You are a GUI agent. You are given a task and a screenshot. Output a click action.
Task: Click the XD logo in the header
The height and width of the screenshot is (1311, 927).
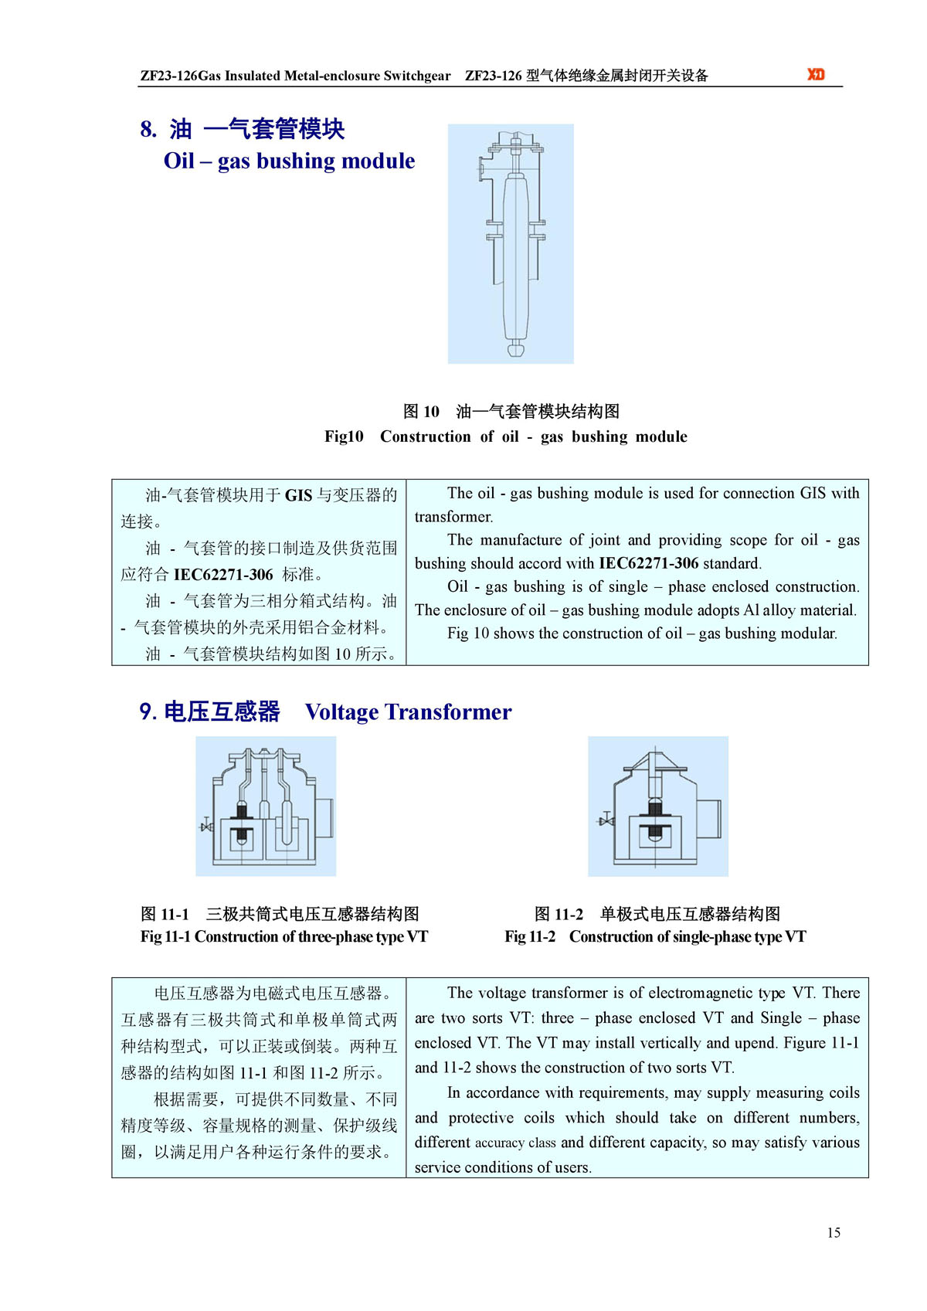click(x=816, y=74)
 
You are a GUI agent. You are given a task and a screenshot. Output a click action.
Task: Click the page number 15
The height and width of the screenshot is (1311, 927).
click(x=834, y=1232)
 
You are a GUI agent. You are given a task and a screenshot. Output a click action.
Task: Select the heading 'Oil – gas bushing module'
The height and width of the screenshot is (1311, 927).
click(x=289, y=161)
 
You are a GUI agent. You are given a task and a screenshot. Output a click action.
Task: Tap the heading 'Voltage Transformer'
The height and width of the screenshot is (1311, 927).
click(x=408, y=712)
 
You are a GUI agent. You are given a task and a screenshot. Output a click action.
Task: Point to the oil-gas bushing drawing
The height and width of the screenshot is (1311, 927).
click(x=511, y=243)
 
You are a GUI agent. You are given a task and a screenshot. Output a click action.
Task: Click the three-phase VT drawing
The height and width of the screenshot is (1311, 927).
click(x=266, y=806)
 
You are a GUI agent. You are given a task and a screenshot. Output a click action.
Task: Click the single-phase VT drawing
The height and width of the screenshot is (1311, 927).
click(x=658, y=806)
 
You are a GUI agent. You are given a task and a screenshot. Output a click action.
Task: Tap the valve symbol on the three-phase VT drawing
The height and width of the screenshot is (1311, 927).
click(x=206, y=826)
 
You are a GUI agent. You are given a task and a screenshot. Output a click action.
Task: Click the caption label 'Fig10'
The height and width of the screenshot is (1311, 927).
click(x=344, y=436)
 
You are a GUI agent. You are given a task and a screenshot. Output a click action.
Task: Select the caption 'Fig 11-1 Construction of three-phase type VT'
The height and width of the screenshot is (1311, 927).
click(x=284, y=937)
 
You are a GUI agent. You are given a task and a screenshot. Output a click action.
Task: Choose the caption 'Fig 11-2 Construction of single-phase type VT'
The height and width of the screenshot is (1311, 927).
click(x=655, y=937)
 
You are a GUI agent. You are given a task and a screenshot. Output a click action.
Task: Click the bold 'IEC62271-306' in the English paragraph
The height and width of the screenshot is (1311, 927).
click(x=648, y=563)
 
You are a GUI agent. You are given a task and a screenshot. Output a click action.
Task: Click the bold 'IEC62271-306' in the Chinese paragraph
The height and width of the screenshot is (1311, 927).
click(x=223, y=575)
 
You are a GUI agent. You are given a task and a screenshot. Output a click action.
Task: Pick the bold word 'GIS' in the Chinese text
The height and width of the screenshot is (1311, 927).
click(x=298, y=495)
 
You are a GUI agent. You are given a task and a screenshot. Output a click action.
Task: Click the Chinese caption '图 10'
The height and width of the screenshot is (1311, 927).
click(x=421, y=412)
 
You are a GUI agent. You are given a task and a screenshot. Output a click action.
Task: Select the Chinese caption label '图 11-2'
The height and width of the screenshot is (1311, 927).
click(x=559, y=915)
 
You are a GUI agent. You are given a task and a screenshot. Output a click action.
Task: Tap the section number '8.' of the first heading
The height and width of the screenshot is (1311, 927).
click(x=148, y=129)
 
